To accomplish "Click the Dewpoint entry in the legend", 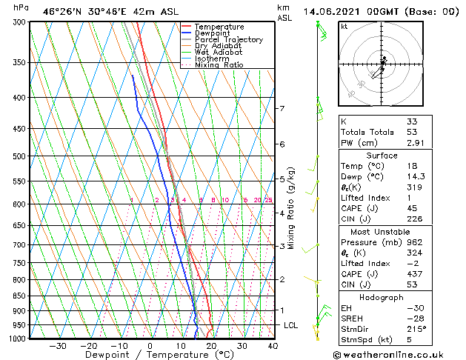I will [x=213, y=33].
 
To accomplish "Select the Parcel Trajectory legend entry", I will [x=228, y=40].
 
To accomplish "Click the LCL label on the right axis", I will [x=291, y=325].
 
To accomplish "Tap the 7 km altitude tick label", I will [x=282, y=109].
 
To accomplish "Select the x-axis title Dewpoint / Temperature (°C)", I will [x=148, y=355].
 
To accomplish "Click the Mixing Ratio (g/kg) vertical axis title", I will [x=291, y=208].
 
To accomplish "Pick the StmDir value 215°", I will [x=416, y=329].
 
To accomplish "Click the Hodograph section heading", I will [x=382, y=297].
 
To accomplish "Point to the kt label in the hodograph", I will [x=344, y=27].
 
